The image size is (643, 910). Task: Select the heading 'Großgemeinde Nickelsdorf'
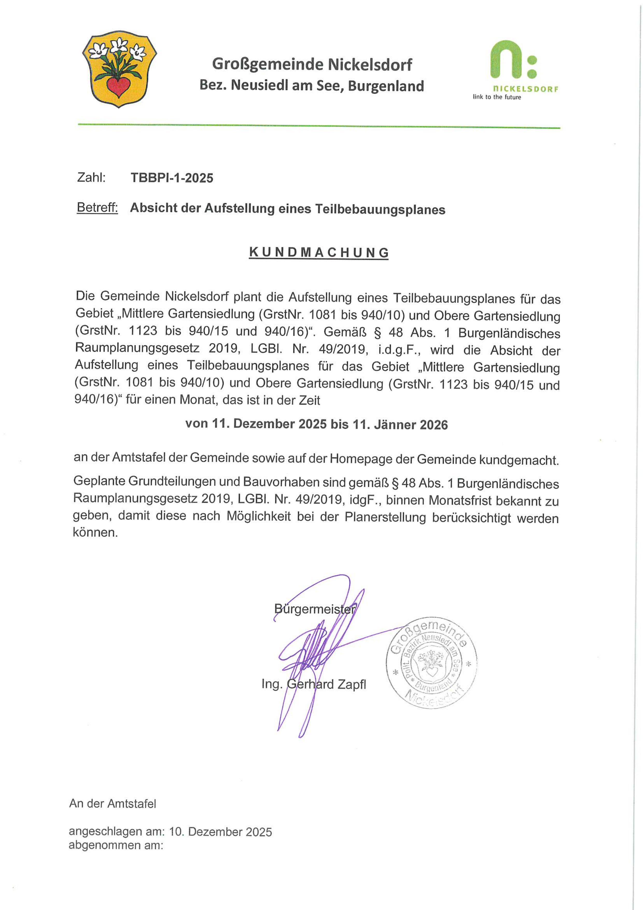click(x=312, y=64)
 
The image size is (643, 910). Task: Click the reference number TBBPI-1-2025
click(x=172, y=178)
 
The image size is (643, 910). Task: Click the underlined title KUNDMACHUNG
click(x=319, y=253)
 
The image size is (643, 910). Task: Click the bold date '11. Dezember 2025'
click(x=269, y=424)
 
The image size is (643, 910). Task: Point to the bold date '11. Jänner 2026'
click(x=400, y=424)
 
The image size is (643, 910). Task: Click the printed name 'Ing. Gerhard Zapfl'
click(x=313, y=684)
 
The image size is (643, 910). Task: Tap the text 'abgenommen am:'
click(x=116, y=845)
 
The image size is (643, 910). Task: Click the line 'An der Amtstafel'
click(x=113, y=803)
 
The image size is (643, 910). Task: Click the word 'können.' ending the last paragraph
click(x=95, y=532)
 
